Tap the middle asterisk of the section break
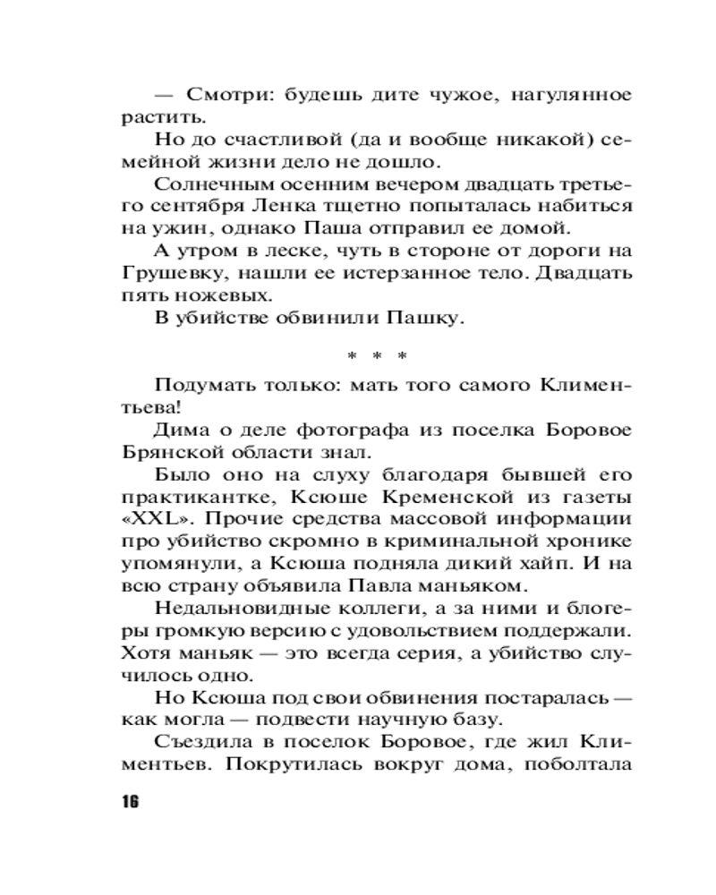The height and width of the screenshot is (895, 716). [x=377, y=356]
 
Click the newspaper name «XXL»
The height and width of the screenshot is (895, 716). [x=145, y=519]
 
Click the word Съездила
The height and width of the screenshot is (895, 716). [x=198, y=742]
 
